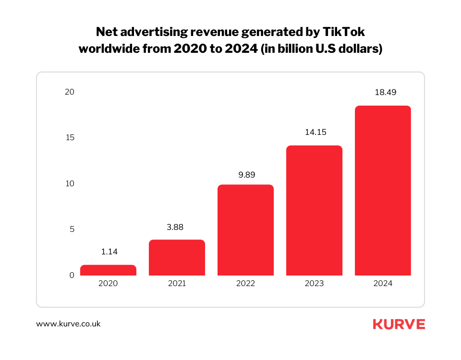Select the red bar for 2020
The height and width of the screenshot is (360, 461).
coord(108,270)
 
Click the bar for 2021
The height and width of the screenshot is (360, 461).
coord(177,258)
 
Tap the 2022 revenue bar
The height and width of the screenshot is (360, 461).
coord(245,230)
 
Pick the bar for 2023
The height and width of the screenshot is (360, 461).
coord(314,211)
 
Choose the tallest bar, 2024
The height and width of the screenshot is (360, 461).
coord(383,191)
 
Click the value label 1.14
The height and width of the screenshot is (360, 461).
coord(108,252)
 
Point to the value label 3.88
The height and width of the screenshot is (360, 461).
coord(177,227)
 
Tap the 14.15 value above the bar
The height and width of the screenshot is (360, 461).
coord(314,132)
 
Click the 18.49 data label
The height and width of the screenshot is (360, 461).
coord(383,93)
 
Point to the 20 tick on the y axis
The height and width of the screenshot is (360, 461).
coord(70,92)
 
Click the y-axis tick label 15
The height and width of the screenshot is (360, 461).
coord(70,138)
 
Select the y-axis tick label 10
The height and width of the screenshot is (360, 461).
coord(70,183)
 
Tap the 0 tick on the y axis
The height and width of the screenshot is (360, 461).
coord(72,275)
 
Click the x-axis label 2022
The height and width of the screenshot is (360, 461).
coord(245,284)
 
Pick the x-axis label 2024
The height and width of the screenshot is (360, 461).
coord(383,284)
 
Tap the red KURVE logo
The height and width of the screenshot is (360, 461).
coord(399,324)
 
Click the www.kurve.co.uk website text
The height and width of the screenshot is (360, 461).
coord(69,324)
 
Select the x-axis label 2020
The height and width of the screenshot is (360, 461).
coord(108,284)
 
